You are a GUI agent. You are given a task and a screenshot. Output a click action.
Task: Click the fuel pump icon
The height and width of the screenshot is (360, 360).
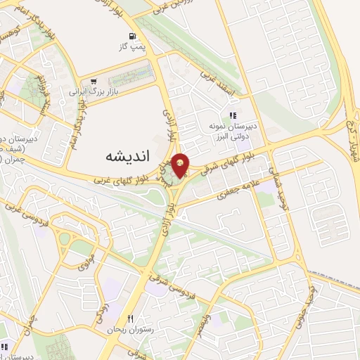(131, 37)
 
